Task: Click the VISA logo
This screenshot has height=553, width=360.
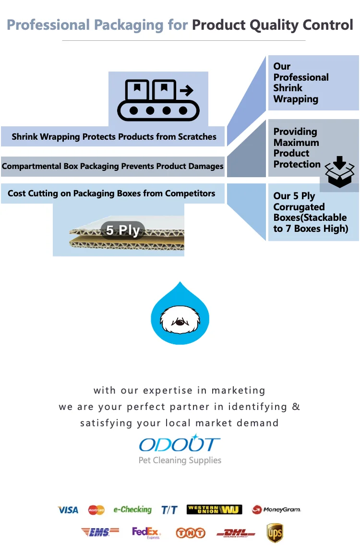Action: pos(68,510)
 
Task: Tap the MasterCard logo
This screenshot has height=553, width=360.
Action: pos(96,510)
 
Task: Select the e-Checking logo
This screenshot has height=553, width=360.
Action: pos(132,510)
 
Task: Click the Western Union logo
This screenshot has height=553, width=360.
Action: pos(214,510)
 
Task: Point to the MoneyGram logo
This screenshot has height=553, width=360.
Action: pos(276,510)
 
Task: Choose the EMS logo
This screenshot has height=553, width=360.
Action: pos(100,532)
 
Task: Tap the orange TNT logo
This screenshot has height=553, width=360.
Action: pos(191,533)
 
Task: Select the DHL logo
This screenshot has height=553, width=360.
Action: pos(235,533)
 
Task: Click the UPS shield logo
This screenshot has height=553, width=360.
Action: pos(275,533)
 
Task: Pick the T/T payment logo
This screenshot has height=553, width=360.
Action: pos(169,510)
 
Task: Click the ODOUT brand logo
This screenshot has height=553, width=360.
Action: pos(180,444)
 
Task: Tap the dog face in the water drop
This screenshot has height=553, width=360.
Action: pos(180,321)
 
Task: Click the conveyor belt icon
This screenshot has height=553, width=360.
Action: pos(159,100)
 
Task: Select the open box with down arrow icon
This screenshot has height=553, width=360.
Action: pos(339,172)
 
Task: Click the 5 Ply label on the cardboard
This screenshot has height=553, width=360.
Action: pos(123,230)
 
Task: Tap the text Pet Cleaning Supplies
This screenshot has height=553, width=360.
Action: pos(180,460)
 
